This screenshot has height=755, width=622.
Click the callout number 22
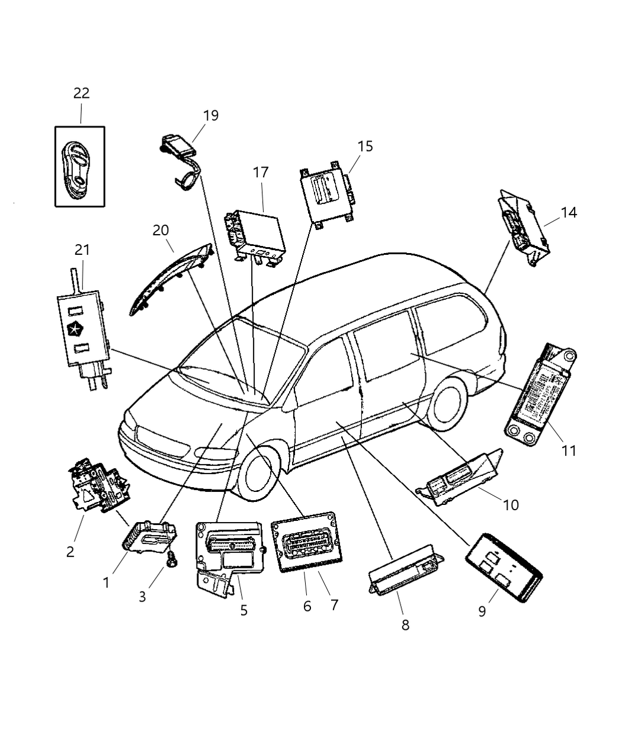tap(81, 93)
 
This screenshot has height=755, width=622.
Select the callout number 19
tap(210, 115)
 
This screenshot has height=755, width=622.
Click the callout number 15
tap(365, 146)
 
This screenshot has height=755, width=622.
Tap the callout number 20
tap(161, 230)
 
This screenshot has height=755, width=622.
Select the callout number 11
tap(569, 450)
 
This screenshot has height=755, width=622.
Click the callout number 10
tap(511, 505)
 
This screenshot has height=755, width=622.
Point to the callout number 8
tap(405, 625)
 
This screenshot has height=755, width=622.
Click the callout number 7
tap(334, 605)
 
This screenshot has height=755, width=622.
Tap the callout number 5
tap(244, 610)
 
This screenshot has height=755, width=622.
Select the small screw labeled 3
tap(171, 560)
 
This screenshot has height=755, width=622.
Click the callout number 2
tap(70, 552)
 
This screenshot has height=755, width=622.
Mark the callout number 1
tap(106, 583)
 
